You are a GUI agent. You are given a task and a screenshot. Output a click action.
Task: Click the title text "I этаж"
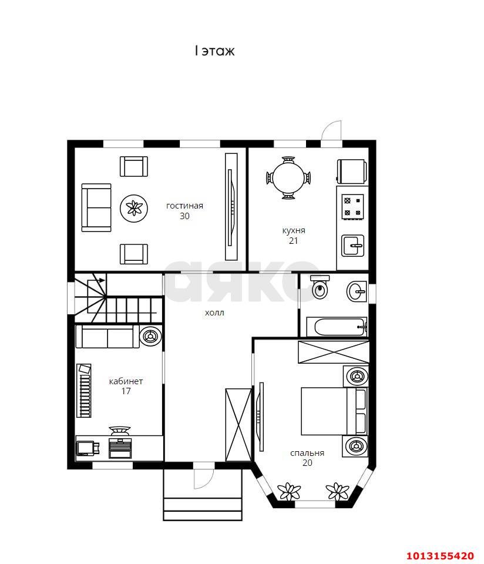point(214,51)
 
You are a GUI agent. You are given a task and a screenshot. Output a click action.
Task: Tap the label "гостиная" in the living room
point(184,206)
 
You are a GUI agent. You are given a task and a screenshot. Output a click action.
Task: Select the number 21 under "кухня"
point(294,241)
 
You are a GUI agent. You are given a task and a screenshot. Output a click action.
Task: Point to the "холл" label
point(214,313)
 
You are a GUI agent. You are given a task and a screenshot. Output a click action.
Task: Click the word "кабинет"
point(126,381)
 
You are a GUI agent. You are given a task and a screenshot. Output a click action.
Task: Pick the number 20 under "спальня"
point(307,463)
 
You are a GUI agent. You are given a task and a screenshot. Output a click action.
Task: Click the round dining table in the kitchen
point(288,177)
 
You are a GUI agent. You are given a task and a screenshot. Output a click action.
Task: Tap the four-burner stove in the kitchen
point(352,206)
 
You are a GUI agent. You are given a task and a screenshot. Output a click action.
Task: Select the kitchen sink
point(353,246)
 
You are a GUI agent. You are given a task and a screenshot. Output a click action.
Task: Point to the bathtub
point(337,327)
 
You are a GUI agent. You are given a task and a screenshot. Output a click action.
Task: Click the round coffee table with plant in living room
point(134,209)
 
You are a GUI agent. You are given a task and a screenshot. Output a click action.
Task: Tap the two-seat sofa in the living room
point(96,207)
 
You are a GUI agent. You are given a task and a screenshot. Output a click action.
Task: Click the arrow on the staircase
point(96,280)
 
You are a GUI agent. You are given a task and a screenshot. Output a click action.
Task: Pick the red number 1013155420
point(440,555)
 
